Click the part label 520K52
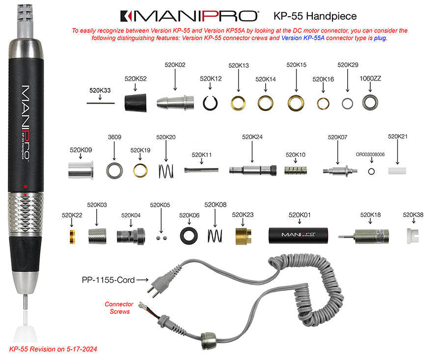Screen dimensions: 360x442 136,79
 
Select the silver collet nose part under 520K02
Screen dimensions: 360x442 175,103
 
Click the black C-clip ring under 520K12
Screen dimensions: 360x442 211,102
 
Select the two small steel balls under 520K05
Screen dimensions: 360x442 160,237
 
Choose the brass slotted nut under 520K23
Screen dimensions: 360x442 243,235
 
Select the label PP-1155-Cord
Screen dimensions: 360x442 108,280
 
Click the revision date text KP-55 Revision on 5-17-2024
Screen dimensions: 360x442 53,349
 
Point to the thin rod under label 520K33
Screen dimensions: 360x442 100,103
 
